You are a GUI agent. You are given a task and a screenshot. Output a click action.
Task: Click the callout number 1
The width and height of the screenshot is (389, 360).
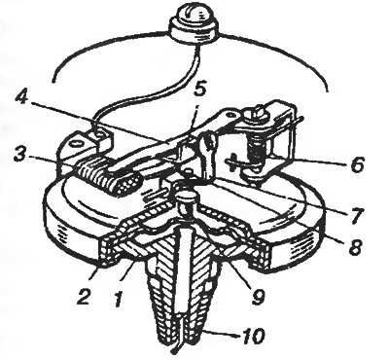pos(118,298)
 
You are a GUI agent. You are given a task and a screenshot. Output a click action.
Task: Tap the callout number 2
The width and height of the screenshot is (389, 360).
pos(85,294)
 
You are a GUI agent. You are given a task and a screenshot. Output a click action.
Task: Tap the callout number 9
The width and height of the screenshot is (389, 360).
pos(257,296)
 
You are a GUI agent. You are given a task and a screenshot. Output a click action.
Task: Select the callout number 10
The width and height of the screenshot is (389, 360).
pos(251,336)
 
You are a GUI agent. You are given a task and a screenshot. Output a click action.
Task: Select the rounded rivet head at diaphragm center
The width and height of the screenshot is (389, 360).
pos(185,197)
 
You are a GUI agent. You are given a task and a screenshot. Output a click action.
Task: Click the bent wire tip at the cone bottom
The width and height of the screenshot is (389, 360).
pos(176,351)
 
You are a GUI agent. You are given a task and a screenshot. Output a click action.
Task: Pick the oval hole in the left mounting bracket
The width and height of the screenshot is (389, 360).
pos(78,143)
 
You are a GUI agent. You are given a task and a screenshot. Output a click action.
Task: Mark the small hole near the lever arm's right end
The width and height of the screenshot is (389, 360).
pos(230,115)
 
